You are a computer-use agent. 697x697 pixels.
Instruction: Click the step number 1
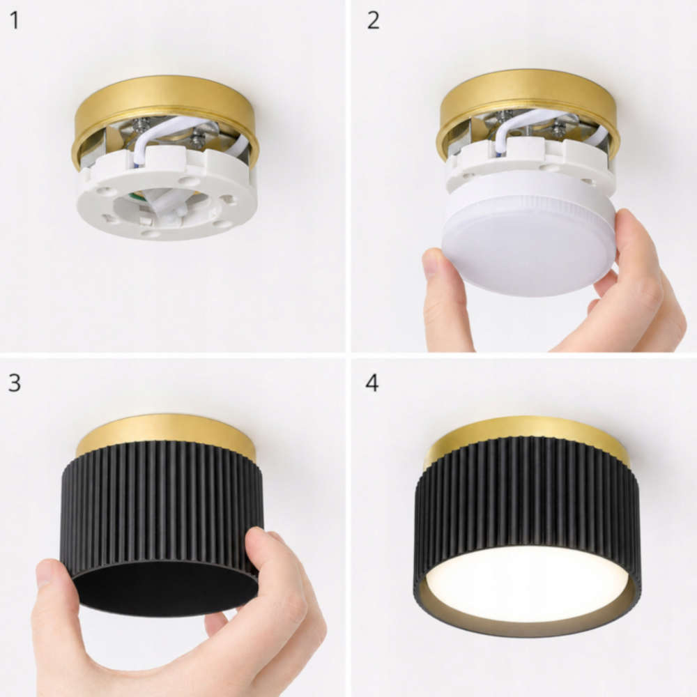(15, 21)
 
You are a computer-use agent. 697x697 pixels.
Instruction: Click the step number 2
(373, 21)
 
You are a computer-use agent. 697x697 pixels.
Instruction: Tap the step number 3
(15, 383)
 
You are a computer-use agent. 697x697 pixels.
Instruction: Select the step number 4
(372, 383)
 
